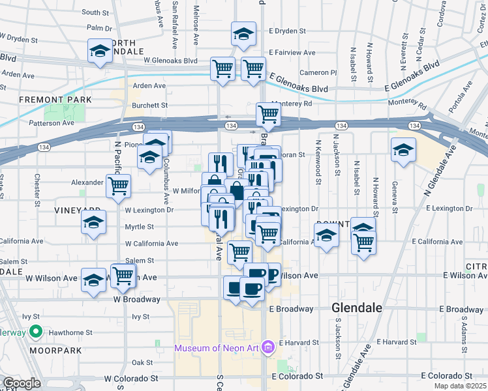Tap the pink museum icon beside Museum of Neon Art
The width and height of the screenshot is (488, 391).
point(267,347)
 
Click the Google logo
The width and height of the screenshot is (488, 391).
point(22,383)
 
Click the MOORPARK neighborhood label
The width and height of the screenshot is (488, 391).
point(55,350)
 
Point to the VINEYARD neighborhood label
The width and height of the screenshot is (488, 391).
point(77,210)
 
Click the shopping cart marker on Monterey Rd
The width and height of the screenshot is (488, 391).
point(268,115)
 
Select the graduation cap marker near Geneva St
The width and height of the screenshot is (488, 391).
point(403,149)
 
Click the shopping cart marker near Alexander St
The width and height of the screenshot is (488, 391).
point(118,185)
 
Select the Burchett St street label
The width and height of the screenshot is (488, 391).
point(150,105)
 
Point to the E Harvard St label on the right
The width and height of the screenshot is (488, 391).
point(395,342)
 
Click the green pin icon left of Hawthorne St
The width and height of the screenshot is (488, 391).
point(37,332)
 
